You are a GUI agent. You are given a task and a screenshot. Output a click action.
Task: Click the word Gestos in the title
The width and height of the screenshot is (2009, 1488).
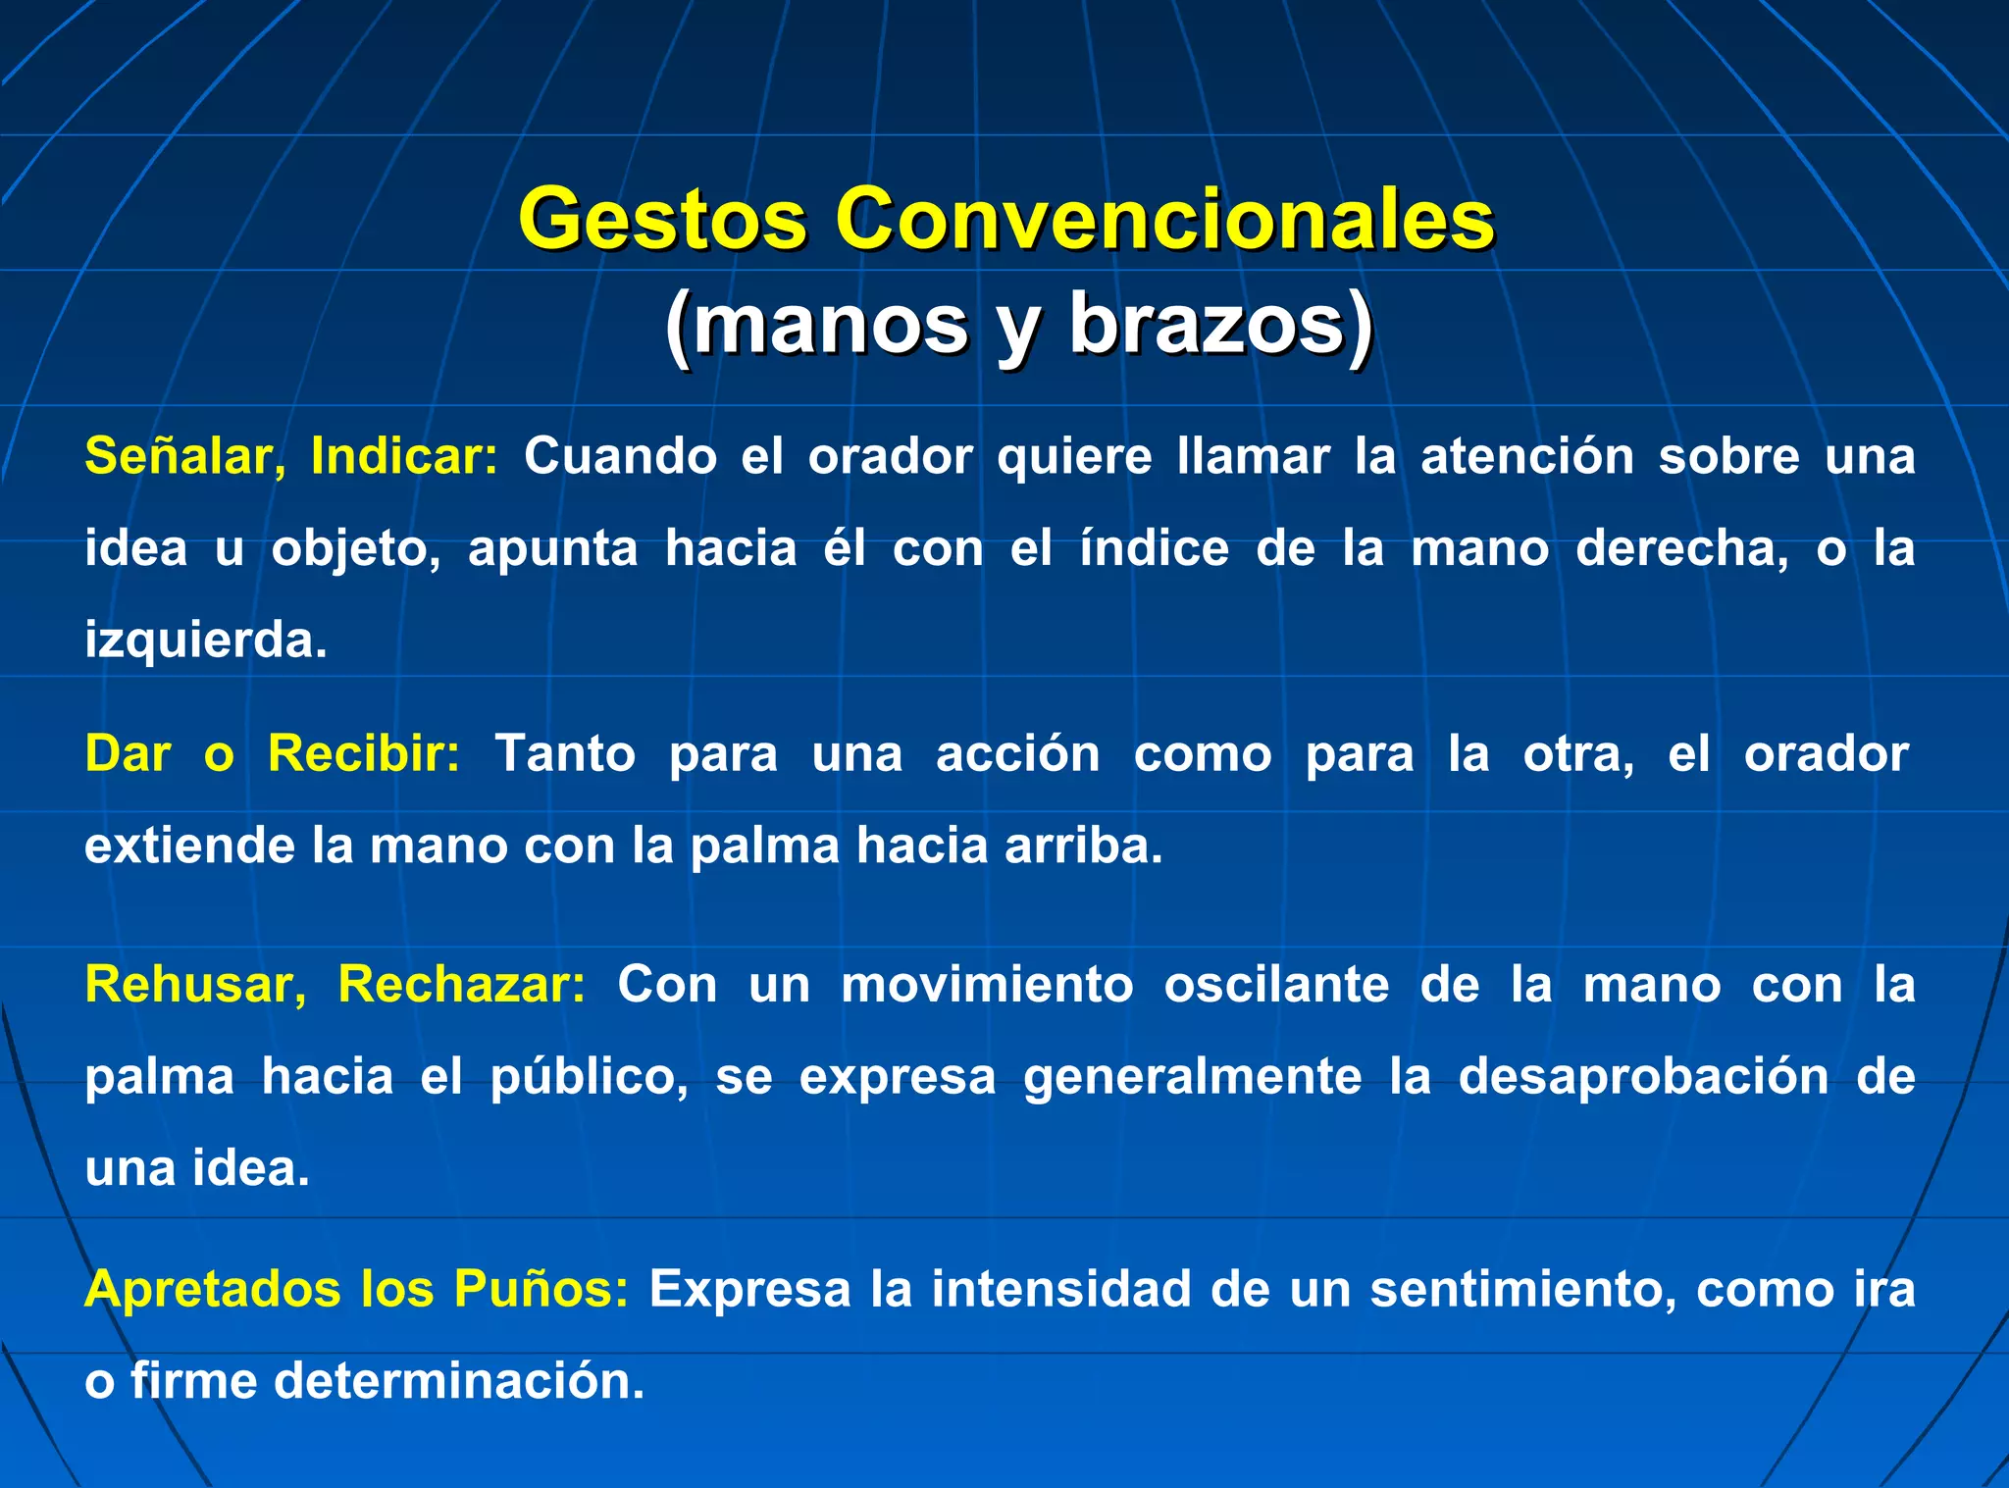pos(663,219)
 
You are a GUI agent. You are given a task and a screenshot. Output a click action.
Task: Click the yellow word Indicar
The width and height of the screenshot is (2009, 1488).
pos(403,457)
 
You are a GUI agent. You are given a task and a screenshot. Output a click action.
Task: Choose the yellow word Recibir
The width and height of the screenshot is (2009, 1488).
pos(364,754)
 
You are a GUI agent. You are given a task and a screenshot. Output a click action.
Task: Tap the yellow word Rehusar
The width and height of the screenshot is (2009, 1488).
pos(195,984)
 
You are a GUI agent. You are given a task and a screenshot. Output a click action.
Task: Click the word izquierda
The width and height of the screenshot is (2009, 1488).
pos(205,641)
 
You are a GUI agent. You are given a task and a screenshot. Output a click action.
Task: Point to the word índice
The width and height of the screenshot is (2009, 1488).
pos(1154,547)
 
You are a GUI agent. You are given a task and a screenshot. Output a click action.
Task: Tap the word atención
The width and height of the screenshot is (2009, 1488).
pos(1527,457)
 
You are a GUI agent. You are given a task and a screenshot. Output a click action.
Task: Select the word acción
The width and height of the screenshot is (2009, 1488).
pos(1017,754)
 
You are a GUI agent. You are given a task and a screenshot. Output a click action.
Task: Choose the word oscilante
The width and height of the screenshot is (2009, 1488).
pos(1275,984)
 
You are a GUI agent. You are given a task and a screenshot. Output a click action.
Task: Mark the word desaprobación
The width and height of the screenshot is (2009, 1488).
pos(1643,1076)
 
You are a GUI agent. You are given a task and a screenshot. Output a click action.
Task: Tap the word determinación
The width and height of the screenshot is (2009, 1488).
pos(458,1381)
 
